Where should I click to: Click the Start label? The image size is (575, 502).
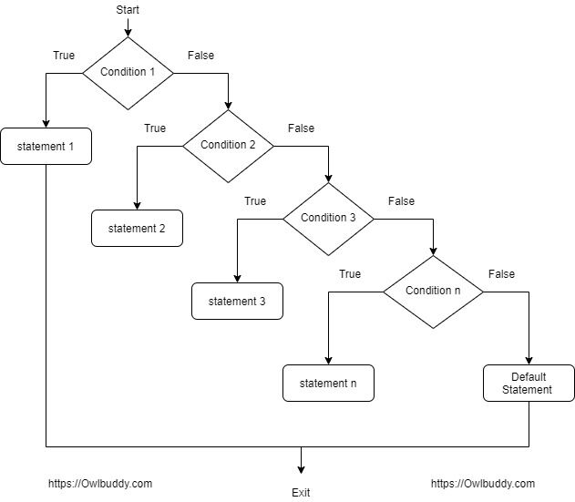point(128,9)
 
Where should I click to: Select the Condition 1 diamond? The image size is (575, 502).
point(128,73)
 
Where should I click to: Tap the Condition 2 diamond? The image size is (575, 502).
point(228,146)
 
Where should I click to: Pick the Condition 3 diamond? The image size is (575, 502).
point(329,219)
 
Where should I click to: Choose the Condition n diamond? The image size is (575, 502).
point(433,292)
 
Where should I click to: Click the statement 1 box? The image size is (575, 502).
point(46,146)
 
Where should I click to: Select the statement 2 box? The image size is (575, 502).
point(137,228)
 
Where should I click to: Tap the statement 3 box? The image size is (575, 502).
point(237,301)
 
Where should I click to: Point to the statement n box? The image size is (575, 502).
point(328,383)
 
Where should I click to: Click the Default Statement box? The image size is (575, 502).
point(529,383)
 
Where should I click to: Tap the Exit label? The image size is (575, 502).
point(301,493)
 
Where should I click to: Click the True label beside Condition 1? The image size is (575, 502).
point(64,56)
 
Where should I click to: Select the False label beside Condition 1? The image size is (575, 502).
point(201,56)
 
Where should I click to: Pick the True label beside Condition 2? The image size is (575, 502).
point(155,128)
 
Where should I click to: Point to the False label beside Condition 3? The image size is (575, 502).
point(402,201)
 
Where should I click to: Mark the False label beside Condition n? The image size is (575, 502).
point(502,274)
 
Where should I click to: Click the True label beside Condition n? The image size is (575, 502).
point(350,274)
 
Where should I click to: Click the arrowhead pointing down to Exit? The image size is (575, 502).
point(301,470)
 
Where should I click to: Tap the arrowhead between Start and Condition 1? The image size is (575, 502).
point(128,33)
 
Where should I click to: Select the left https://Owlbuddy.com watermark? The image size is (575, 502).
point(100,484)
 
